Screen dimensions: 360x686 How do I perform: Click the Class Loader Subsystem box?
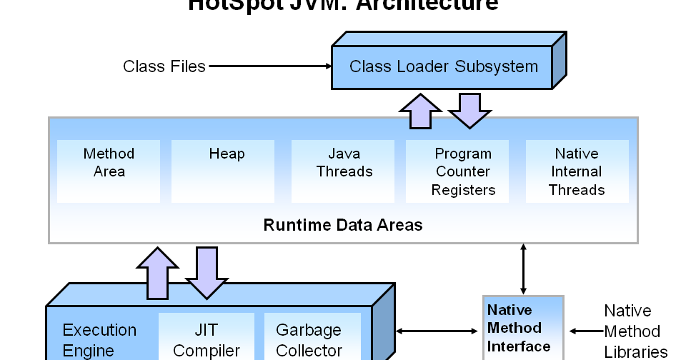tap(442, 67)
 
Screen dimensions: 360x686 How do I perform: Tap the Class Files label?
tap(164, 66)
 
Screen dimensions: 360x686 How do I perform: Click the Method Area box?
tap(109, 170)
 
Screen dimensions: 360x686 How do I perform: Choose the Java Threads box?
tap(344, 170)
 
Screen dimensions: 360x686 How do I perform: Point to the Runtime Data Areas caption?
tap(343, 226)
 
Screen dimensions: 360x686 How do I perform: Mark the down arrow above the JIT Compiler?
tap(207, 271)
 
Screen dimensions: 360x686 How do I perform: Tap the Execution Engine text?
tap(99, 340)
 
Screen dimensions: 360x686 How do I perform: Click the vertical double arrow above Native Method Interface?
tap(524, 269)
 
